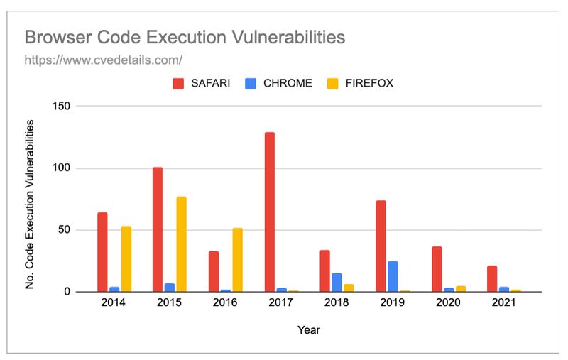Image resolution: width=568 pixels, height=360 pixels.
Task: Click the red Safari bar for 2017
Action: (270, 212)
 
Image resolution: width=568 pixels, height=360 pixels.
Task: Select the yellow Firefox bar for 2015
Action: (182, 244)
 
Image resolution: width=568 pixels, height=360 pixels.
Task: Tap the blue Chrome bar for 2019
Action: (393, 276)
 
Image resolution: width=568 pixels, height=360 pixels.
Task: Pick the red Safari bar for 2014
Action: (102, 252)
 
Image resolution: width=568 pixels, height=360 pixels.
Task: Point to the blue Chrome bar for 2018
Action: (337, 282)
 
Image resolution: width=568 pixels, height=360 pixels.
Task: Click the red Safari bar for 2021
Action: (492, 278)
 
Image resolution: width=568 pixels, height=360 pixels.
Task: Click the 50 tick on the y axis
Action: (63, 230)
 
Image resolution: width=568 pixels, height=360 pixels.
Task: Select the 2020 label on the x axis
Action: (447, 303)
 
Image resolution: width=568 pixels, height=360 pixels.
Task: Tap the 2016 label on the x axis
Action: (224, 303)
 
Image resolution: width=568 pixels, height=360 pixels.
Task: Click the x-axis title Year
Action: (309, 329)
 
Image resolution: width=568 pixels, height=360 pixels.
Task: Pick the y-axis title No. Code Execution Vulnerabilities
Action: (30, 204)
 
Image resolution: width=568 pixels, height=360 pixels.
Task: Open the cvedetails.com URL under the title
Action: (104, 60)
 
